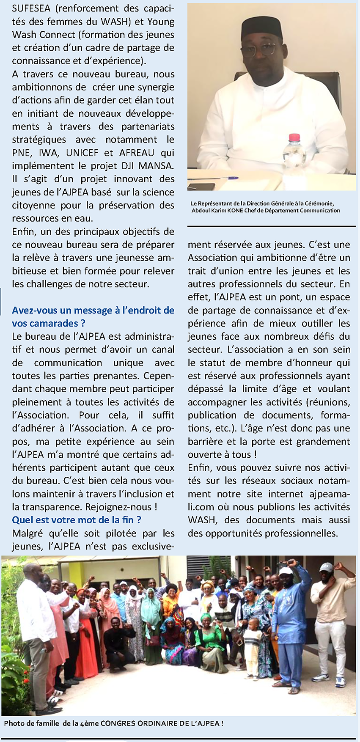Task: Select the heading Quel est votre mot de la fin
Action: point(77,520)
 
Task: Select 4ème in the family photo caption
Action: point(89,723)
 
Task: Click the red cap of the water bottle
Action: point(294,137)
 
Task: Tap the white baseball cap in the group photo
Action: point(326,567)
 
